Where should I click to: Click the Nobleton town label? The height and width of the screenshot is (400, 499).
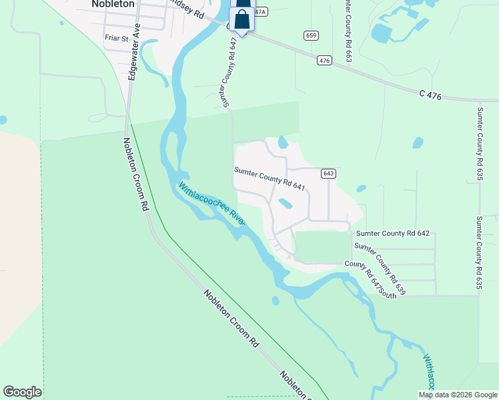coord(112,4)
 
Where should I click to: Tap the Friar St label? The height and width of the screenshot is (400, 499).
coord(116,38)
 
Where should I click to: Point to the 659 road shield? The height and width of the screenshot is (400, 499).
coord(310,35)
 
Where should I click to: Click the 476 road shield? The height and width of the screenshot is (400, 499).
coord(324,61)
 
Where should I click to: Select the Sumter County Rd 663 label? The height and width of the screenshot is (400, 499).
coord(348,32)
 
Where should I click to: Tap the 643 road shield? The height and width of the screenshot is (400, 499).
coord(328,173)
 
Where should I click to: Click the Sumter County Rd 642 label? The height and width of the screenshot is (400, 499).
coord(396,233)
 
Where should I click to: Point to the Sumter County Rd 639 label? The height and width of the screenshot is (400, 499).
coord(380,269)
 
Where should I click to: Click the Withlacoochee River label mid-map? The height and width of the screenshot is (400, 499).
coord(211,204)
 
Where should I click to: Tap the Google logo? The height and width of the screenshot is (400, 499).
coord(22,392)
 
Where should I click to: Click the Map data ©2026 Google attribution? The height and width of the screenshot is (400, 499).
coord(458,395)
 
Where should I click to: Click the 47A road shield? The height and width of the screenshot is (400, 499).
coord(259,12)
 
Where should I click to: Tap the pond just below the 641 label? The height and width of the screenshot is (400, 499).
coord(285,203)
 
